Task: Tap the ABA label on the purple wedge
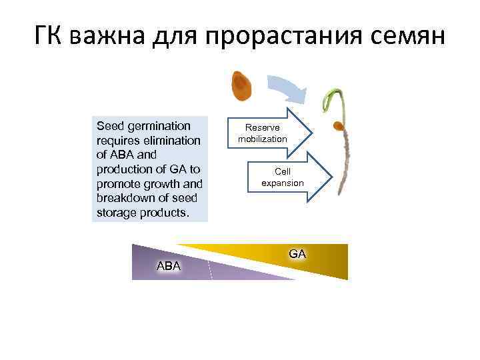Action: click(x=168, y=266)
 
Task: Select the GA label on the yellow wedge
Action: click(x=297, y=254)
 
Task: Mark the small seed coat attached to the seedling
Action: click(x=339, y=125)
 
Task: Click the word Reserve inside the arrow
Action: click(x=262, y=127)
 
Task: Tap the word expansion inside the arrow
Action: click(x=282, y=183)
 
